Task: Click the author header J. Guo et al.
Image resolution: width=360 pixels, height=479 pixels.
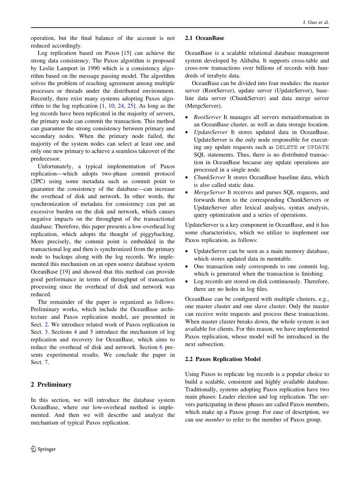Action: click(315, 22)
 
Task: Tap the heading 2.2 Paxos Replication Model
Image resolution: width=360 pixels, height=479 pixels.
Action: click(223, 359)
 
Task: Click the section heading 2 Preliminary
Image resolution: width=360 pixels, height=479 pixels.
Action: click(51, 384)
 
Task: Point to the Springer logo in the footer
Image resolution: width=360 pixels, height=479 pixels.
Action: click(43, 449)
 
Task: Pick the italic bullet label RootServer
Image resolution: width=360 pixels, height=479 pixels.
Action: click(207, 117)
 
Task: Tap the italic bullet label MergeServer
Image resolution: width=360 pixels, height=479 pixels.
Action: click(210, 192)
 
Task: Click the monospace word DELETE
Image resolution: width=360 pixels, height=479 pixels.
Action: click(287, 147)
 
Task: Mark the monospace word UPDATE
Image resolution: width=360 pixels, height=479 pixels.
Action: click(318, 147)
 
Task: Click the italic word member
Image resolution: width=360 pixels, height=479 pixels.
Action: click(215, 419)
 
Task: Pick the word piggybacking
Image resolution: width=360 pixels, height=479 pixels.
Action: click(157, 234)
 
